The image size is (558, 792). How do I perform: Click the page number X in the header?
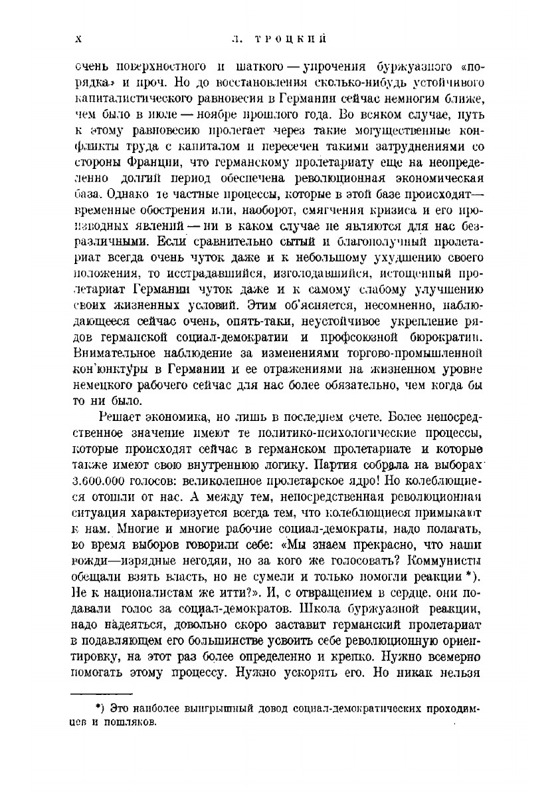79,39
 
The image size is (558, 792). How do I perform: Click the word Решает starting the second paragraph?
118,408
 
